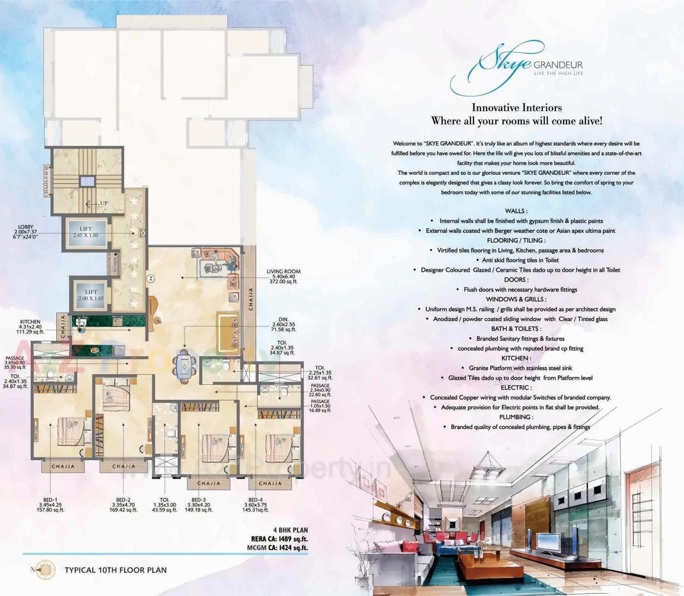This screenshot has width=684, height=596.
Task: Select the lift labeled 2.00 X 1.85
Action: [91, 295]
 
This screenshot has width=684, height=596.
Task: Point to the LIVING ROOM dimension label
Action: [283, 276]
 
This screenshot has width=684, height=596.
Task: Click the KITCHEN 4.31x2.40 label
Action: [30, 327]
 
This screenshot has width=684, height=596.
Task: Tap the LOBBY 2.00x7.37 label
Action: [25, 232]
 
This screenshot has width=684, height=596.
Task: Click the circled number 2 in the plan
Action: [150, 278]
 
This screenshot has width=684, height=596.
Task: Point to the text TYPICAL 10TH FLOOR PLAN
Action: [115, 570]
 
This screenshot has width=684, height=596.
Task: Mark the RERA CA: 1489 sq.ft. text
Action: [276, 539]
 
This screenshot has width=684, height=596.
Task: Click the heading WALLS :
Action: [516, 211]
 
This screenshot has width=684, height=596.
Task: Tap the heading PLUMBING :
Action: [516, 417]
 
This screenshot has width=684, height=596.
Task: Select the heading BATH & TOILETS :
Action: [516, 329]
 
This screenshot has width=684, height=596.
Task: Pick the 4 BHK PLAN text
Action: [290, 530]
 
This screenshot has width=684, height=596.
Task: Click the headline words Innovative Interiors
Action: [517, 108]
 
